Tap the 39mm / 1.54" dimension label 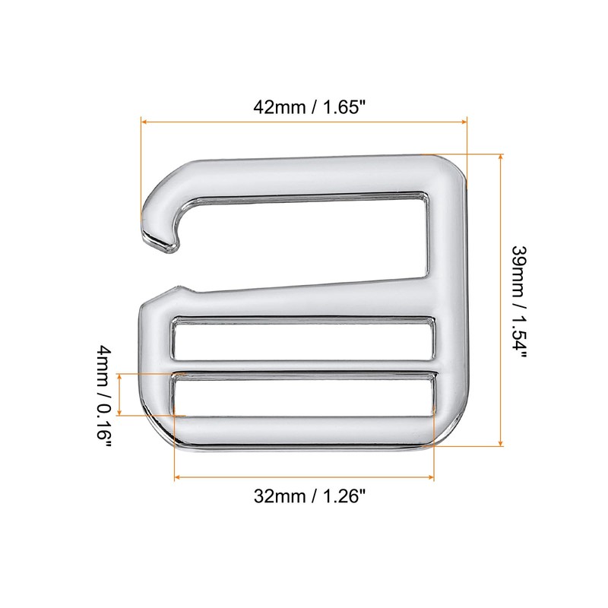coord(519,301)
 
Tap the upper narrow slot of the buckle coord(304,338)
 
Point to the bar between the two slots coord(304,366)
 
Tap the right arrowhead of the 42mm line coord(464,120)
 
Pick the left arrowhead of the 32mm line coord(178,477)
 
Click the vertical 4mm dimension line coord(120,394)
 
